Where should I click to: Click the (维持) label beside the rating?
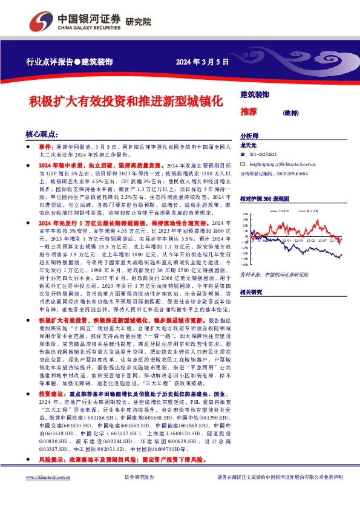291,112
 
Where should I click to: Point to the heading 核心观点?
42,134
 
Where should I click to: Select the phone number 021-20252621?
264,155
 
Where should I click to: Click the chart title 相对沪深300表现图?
264,198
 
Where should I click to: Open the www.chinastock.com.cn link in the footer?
46,494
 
